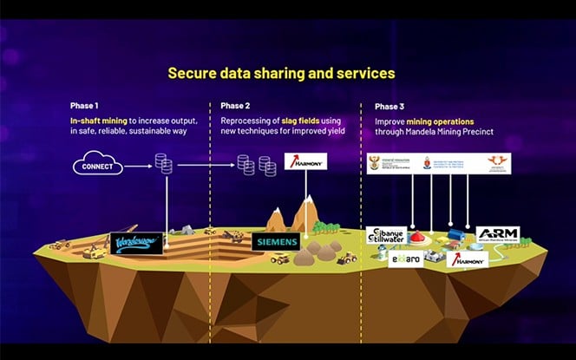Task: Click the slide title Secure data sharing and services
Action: [x=281, y=73]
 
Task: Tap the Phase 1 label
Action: [x=84, y=107]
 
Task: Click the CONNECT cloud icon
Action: [x=97, y=165]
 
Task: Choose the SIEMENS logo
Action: [x=276, y=242]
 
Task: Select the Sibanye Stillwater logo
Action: [x=385, y=235]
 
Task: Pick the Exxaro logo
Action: [x=405, y=258]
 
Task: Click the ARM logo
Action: [x=497, y=235]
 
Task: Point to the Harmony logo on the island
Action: [x=467, y=258]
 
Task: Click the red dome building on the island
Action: [x=419, y=235]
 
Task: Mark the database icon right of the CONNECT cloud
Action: [x=162, y=163]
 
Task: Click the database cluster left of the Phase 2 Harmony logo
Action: [x=258, y=165]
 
